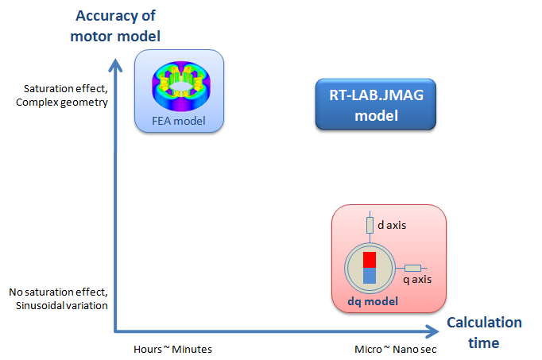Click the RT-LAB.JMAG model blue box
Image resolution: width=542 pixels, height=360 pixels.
pyautogui.click(x=376, y=104)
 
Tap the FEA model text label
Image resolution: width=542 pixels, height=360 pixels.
pyautogui.click(x=179, y=121)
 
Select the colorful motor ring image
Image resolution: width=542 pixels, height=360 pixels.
pyautogui.click(x=181, y=86)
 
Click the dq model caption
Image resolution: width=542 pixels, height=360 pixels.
pyautogui.click(x=373, y=301)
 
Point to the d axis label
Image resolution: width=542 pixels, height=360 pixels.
pyautogui.click(x=392, y=225)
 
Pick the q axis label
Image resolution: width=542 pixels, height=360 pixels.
pyautogui.click(x=417, y=279)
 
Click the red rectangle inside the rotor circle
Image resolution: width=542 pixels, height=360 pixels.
pyautogui.click(x=370, y=260)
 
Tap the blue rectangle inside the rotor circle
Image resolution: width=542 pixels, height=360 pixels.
pyautogui.click(x=370, y=276)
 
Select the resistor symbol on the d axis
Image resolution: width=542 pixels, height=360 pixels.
pyautogui.click(x=370, y=225)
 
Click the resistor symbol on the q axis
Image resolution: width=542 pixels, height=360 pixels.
pyautogui.click(x=412, y=268)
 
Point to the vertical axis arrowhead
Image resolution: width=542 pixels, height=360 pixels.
pyautogui.click(x=115, y=65)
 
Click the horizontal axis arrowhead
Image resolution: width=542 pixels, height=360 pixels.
pyautogui.click(x=432, y=331)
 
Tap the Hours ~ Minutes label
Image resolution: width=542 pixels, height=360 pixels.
pyautogui.click(x=172, y=350)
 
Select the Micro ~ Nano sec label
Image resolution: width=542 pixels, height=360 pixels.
pyautogui.click(x=396, y=350)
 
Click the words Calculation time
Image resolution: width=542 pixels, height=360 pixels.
pyautogui.click(x=484, y=333)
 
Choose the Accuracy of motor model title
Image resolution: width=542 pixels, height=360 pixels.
pyautogui.click(x=115, y=26)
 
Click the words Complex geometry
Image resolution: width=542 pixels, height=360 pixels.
pyautogui.click(x=62, y=103)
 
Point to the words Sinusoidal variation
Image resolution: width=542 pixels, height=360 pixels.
pyautogui.click(x=61, y=306)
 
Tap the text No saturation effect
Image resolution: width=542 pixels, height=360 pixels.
pyautogui.click(x=58, y=292)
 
